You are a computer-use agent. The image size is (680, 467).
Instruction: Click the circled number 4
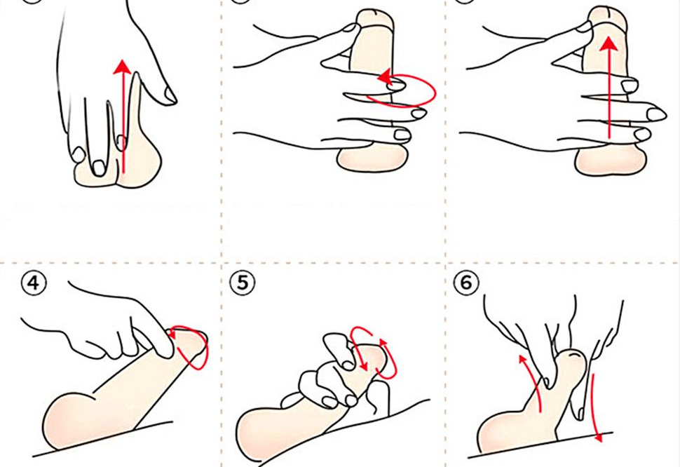[x=34, y=283]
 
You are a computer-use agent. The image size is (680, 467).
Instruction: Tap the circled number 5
[x=243, y=283]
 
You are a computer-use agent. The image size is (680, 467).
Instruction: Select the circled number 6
[x=465, y=283]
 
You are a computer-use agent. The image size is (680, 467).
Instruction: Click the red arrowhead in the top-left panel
[x=122, y=67]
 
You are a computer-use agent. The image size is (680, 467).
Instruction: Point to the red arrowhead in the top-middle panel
[x=385, y=78]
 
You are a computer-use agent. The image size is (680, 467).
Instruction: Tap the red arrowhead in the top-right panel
[x=610, y=44]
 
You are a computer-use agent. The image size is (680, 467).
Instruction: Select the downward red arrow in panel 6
[x=595, y=407]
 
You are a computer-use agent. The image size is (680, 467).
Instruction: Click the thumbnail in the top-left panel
[x=170, y=95]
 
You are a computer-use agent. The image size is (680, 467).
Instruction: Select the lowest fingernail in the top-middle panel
[x=402, y=135]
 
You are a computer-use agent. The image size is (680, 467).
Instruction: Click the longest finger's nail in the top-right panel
[x=656, y=114]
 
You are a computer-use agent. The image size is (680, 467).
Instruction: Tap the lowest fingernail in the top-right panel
[x=642, y=135]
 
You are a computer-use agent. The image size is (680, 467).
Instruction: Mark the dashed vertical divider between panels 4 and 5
[x=222, y=365]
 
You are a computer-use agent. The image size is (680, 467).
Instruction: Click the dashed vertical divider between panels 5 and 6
[x=445, y=365]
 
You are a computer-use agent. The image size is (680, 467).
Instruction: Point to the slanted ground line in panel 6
[x=540, y=445]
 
